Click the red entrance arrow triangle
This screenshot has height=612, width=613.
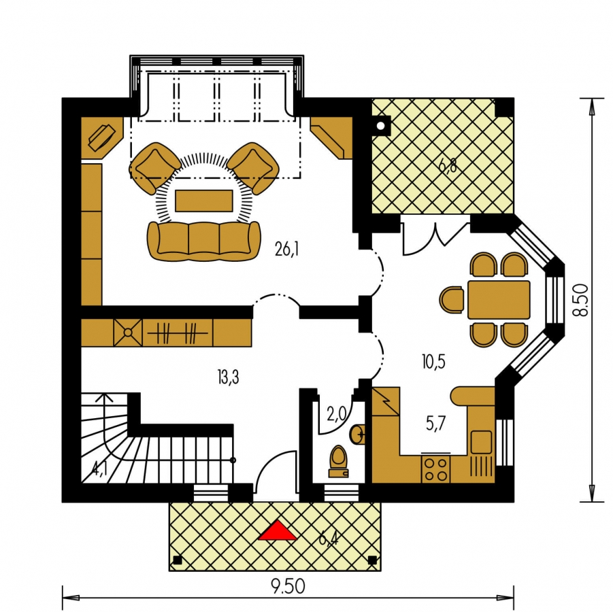pyautogui.click(x=277, y=530)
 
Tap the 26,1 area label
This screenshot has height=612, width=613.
pyautogui.click(x=286, y=249)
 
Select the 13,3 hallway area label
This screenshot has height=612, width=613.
pyautogui.click(x=229, y=377)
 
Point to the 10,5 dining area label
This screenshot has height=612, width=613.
pyautogui.click(x=433, y=362)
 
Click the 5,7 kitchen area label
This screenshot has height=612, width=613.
pyautogui.click(x=435, y=424)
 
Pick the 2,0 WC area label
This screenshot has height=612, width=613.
pyautogui.click(x=337, y=414)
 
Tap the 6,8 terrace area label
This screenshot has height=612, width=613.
pyautogui.click(x=448, y=166)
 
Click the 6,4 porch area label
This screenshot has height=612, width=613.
pyautogui.click(x=328, y=539)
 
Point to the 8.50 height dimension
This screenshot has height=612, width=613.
pyautogui.click(x=580, y=300)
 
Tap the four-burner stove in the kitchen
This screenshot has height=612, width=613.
pyautogui.click(x=436, y=469)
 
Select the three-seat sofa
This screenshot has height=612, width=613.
pyautogui.click(x=203, y=241)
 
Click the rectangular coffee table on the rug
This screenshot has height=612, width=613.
pyautogui.click(x=203, y=201)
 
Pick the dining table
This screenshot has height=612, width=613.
pyautogui.click(x=499, y=300)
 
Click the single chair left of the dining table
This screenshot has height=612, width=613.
pyautogui.click(x=452, y=300)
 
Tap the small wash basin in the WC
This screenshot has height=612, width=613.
pyautogui.click(x=357, y=435)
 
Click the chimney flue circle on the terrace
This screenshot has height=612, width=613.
pyautogui.click(x=381, y=126)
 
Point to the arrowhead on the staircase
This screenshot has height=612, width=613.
pyautogui.click(x=104, y=397)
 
